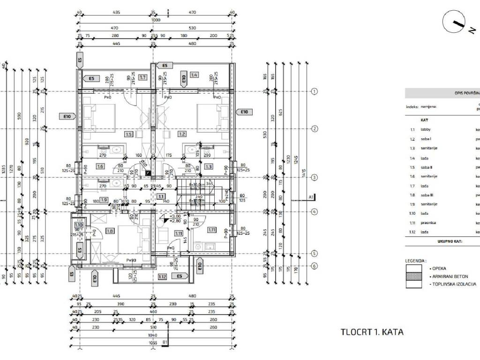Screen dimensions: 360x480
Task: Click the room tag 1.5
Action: pos(129,134)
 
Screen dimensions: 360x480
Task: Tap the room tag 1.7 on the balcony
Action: pos(143,77)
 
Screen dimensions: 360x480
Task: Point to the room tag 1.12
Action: pos(162,277)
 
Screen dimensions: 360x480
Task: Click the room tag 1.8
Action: pos(110,231)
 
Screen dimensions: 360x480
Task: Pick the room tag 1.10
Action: pos(79,225)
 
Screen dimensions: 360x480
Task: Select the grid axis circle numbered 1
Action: pos(315,91)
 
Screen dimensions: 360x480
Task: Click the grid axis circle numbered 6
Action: pos(315,266)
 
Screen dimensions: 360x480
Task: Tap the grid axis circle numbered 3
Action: pos(315,177)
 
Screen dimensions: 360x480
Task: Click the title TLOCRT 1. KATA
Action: pos(372,332)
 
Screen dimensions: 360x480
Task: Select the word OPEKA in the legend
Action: pos(439,269)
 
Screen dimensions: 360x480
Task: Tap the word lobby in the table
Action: pos(426,129)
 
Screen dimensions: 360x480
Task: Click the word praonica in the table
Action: pos(428,223)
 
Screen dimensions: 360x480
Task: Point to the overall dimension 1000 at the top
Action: pos(156,20)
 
